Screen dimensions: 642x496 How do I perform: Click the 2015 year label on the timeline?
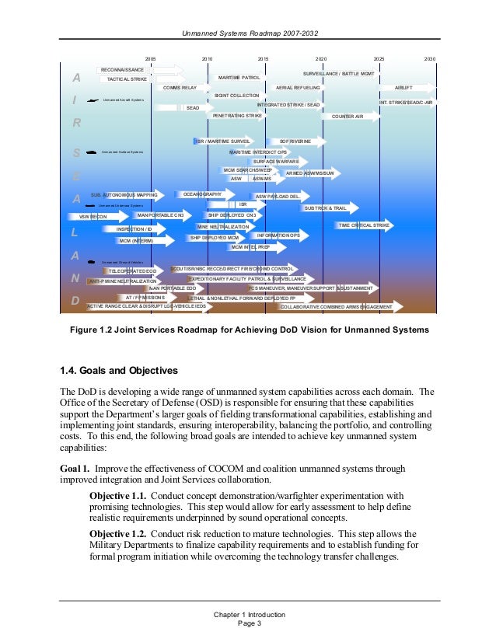pos(263,58)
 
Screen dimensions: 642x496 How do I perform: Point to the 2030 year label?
pos(430,58)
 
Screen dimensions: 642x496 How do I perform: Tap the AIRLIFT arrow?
pos(403,89)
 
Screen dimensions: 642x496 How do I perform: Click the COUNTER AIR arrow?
pos(348,117)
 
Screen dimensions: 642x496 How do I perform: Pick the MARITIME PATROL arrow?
pos(239,78)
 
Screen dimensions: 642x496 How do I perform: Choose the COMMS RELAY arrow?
pos(180,89)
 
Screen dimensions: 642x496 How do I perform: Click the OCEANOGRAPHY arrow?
pos(203,194)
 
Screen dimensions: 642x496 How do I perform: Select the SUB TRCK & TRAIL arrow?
pos(326,208)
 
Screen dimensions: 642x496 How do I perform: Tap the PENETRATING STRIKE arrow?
pos(237,115)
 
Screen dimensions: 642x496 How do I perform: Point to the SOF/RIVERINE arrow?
pos(295,141)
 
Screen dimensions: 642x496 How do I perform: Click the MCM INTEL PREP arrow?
pos(250,246)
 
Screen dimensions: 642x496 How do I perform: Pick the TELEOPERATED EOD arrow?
pos(133,270)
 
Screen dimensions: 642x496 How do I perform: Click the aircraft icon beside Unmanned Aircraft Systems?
pos(93,100)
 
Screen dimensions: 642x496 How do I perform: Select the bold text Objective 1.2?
pos(117,535)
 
